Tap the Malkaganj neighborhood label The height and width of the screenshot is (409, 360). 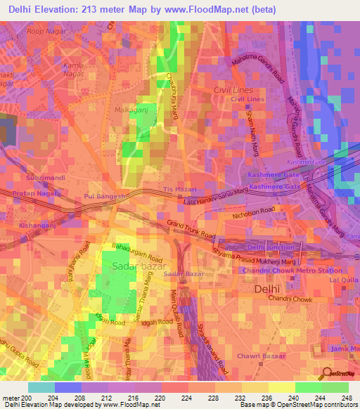tap(129, 110)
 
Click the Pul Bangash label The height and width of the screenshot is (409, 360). tap(105, 196)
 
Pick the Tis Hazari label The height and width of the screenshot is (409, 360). tap(177, 190)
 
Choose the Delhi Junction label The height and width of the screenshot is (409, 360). tap(270, 247)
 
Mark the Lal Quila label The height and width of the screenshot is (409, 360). tap(344, 280)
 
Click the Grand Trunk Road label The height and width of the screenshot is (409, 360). tap(191, 228)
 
